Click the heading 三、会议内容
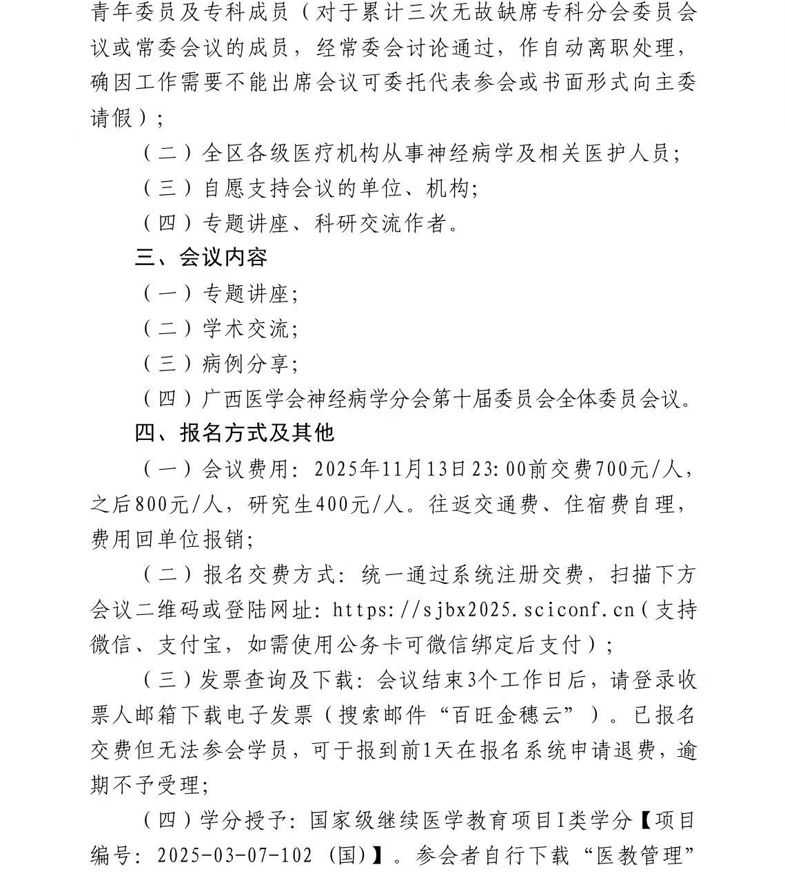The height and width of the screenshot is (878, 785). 201,258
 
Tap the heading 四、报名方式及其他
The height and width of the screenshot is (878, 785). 234,432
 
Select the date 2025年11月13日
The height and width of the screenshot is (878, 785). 399,469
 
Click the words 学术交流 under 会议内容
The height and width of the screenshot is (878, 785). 245,328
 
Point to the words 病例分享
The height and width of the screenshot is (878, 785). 245,364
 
